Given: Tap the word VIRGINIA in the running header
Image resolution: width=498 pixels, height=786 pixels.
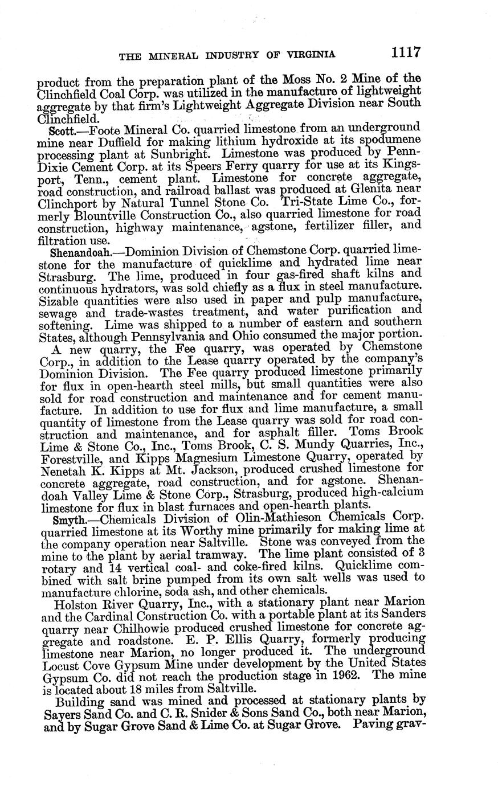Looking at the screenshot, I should pos(309,55).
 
